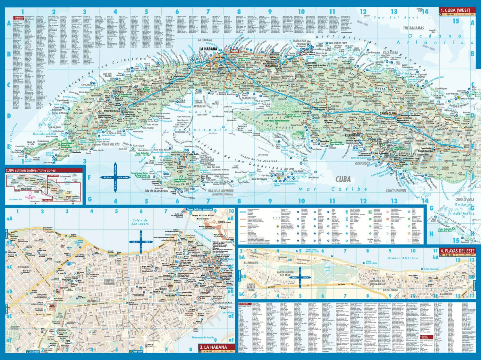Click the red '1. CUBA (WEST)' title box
457,10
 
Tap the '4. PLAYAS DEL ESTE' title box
457,251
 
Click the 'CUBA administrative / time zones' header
30,170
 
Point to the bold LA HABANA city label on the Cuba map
208,49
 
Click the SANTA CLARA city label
388,114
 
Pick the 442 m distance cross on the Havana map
141,242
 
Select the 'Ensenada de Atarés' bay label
203,337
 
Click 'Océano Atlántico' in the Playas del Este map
403,258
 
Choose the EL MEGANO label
251,262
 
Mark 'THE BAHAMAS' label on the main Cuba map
413,28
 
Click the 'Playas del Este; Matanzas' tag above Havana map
199,209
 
